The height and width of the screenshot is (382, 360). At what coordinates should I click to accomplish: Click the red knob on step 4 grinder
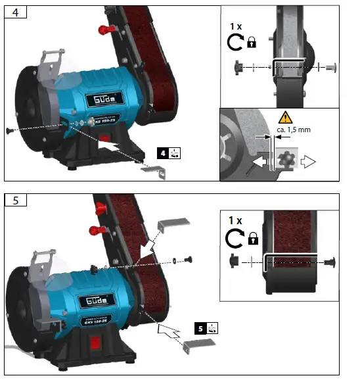(x=104, y=31)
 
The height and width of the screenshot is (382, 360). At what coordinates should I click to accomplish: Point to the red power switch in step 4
(x=103, y=139)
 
